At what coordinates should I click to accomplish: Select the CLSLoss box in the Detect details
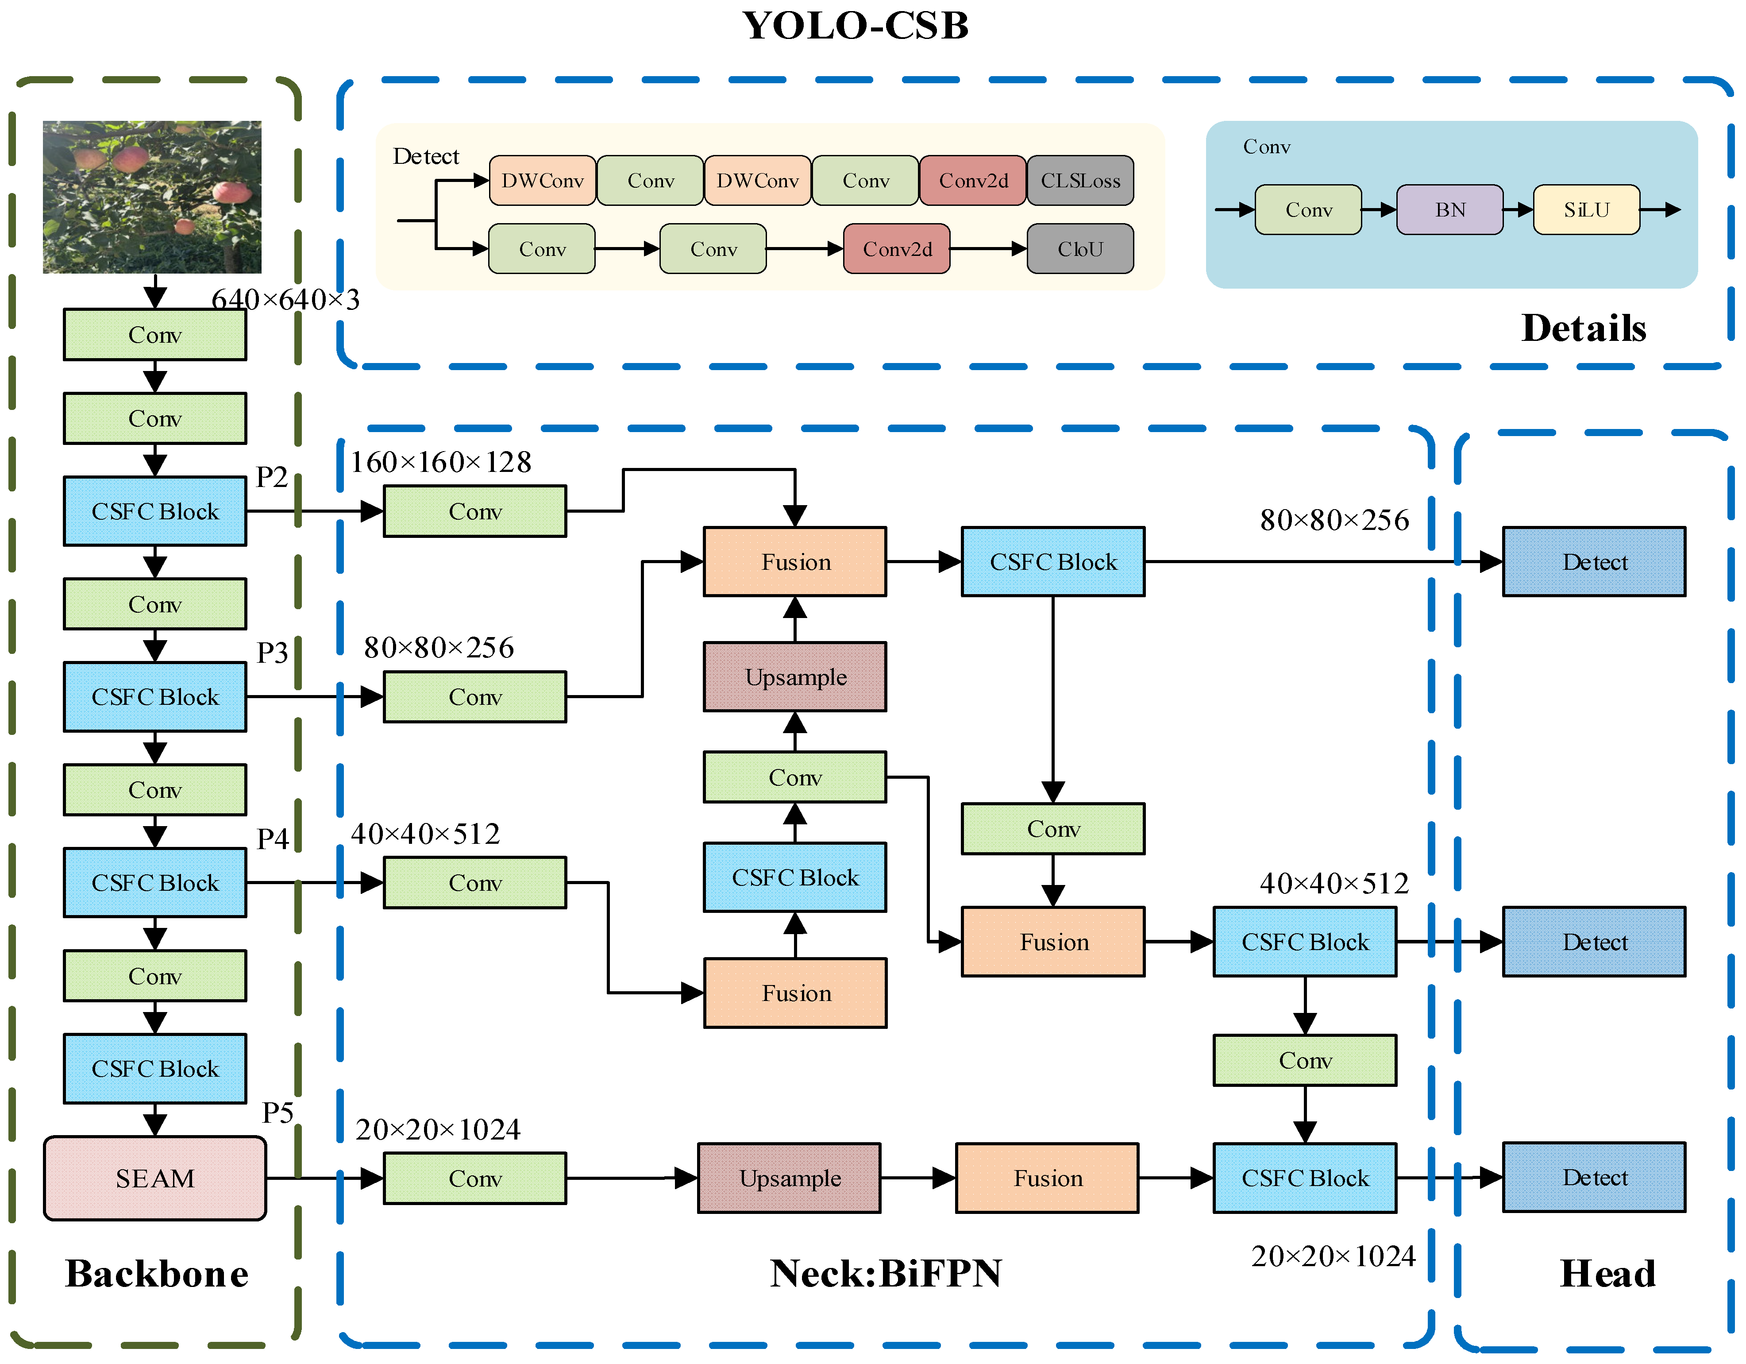1080,181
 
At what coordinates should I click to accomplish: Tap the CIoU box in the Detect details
1080,249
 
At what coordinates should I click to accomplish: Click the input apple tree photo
152,197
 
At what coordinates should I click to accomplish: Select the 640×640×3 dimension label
285,300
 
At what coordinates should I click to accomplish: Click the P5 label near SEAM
278,1112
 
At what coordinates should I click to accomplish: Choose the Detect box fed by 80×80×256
1594,562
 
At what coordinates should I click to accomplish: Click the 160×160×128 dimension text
440,462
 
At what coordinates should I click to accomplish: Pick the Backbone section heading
157,1274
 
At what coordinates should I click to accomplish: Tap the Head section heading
1607,1274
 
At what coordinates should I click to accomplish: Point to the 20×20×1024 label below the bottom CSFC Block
1333,1256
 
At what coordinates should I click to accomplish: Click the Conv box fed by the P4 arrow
475,883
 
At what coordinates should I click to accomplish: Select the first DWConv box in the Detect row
542,181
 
